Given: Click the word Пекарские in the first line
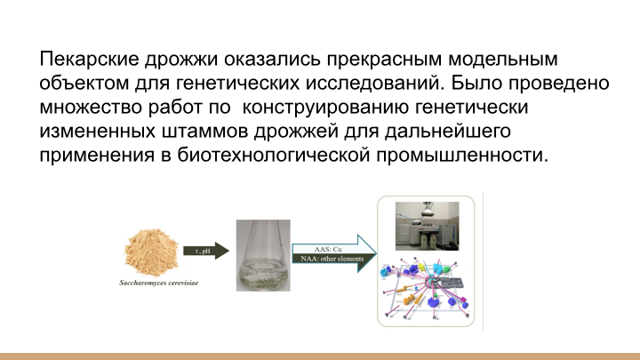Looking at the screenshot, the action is point(89,60).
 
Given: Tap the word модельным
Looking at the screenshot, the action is point(503,60).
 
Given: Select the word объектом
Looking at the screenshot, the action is point(84,83).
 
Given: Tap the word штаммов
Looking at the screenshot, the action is point(204,132).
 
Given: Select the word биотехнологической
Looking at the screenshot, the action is point(274,156).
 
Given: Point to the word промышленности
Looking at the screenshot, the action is point(462,156).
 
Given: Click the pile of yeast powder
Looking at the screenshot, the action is point(151,252).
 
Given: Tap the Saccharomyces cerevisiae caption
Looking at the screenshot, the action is point(159,283).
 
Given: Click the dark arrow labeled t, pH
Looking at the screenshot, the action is point(206,251).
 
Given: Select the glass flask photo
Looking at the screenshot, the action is point(263,255).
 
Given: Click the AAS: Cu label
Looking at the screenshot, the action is point(328,250).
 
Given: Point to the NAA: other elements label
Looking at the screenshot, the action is point(332,259).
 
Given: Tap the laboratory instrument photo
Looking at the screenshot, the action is point(427,226).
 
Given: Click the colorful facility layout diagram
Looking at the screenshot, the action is point(426,289).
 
